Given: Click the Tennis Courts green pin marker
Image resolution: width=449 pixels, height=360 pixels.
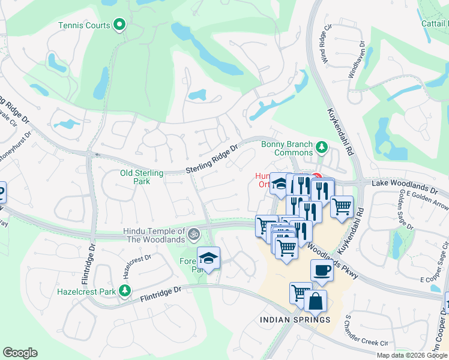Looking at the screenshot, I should point(119,25).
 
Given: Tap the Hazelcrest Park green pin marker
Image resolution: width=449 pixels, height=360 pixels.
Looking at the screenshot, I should point(124,292).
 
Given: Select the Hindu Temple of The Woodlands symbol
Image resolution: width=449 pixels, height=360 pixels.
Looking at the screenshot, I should point(193,233).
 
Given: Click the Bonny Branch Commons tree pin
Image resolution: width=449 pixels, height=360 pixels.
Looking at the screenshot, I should point(322,146).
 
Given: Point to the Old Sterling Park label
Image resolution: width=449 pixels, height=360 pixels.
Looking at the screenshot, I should point(142,177).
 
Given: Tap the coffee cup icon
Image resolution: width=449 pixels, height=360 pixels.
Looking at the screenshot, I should point(322,270).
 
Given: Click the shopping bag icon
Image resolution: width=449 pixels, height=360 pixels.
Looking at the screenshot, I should point(315,301).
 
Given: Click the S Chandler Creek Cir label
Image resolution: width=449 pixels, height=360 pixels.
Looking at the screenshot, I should point(365,333).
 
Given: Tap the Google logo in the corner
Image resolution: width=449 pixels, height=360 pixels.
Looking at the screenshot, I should point(20,353).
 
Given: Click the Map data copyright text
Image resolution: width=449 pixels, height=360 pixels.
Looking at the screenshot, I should point(412,355).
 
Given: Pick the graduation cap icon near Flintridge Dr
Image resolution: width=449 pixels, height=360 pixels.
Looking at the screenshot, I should point(208,258).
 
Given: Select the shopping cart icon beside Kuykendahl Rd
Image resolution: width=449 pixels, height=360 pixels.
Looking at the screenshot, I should point(342,206).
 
